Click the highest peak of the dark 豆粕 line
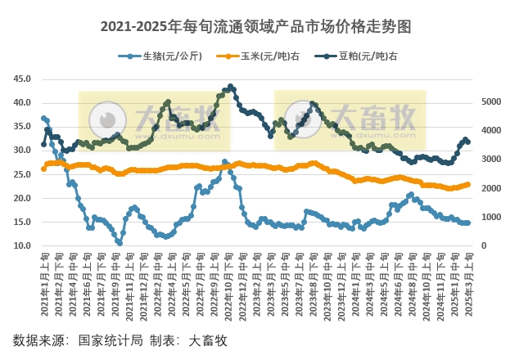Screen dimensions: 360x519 click(231, 86)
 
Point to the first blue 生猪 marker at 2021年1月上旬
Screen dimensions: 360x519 click(43, 119)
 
